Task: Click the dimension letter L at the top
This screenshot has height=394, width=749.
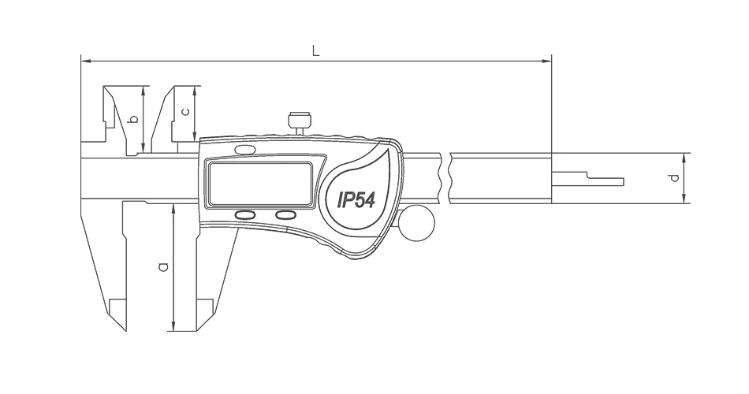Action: tap(315, 50)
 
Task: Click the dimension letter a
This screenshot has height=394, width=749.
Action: tap(163, 266)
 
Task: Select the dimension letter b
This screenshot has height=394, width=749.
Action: tap(134, 118)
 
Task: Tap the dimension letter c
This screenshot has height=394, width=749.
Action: tap(186, 112)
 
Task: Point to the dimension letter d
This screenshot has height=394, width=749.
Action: tap(674, 177)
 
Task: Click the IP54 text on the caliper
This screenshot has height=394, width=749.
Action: tap(356, 199)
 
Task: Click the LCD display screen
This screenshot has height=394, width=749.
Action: tap(260, 184)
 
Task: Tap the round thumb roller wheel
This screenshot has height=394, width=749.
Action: tap(418, 222)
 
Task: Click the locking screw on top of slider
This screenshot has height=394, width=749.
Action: tap(300, 123)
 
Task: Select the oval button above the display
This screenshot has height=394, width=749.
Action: tap(244, 150)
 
